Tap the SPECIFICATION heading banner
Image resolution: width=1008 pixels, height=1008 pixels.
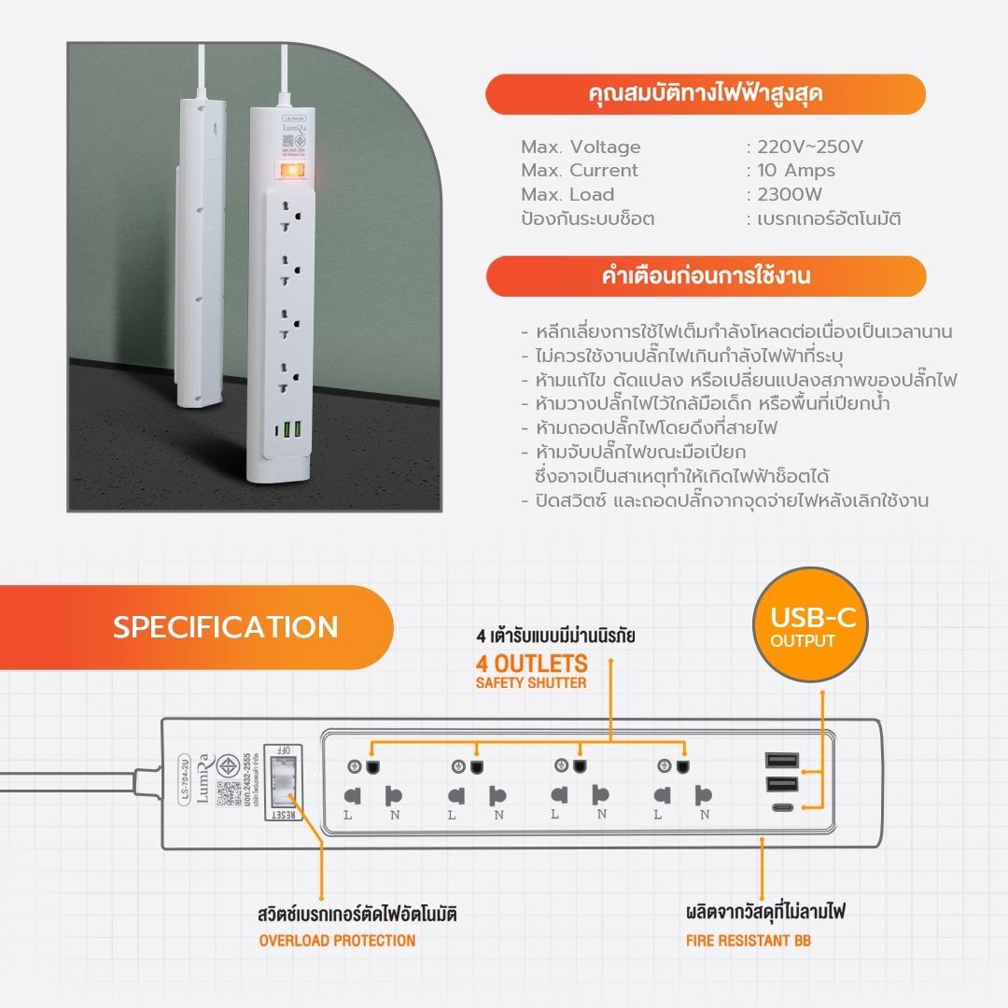(x=226, y=627)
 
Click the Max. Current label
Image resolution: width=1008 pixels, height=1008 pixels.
(x=580, y=171)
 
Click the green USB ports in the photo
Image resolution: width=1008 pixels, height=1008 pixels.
(x=291, y=427)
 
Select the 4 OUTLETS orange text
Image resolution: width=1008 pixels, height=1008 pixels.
(x=531, y=664)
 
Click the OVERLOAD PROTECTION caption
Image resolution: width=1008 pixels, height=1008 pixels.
(x=337, y=940)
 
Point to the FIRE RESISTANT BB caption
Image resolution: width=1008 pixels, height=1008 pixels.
(x=749, y=940)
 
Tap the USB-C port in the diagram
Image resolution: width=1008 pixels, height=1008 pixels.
(x=781, y=808)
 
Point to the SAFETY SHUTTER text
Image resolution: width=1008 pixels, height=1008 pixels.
(x=531, y=683)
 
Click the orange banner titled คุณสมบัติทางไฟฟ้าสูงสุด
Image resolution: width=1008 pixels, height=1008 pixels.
(x=706, y=94)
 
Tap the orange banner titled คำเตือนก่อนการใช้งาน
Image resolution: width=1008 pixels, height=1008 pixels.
(x=706, y=276)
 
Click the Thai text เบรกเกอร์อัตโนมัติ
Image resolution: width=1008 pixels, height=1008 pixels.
(x=829, y=219)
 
